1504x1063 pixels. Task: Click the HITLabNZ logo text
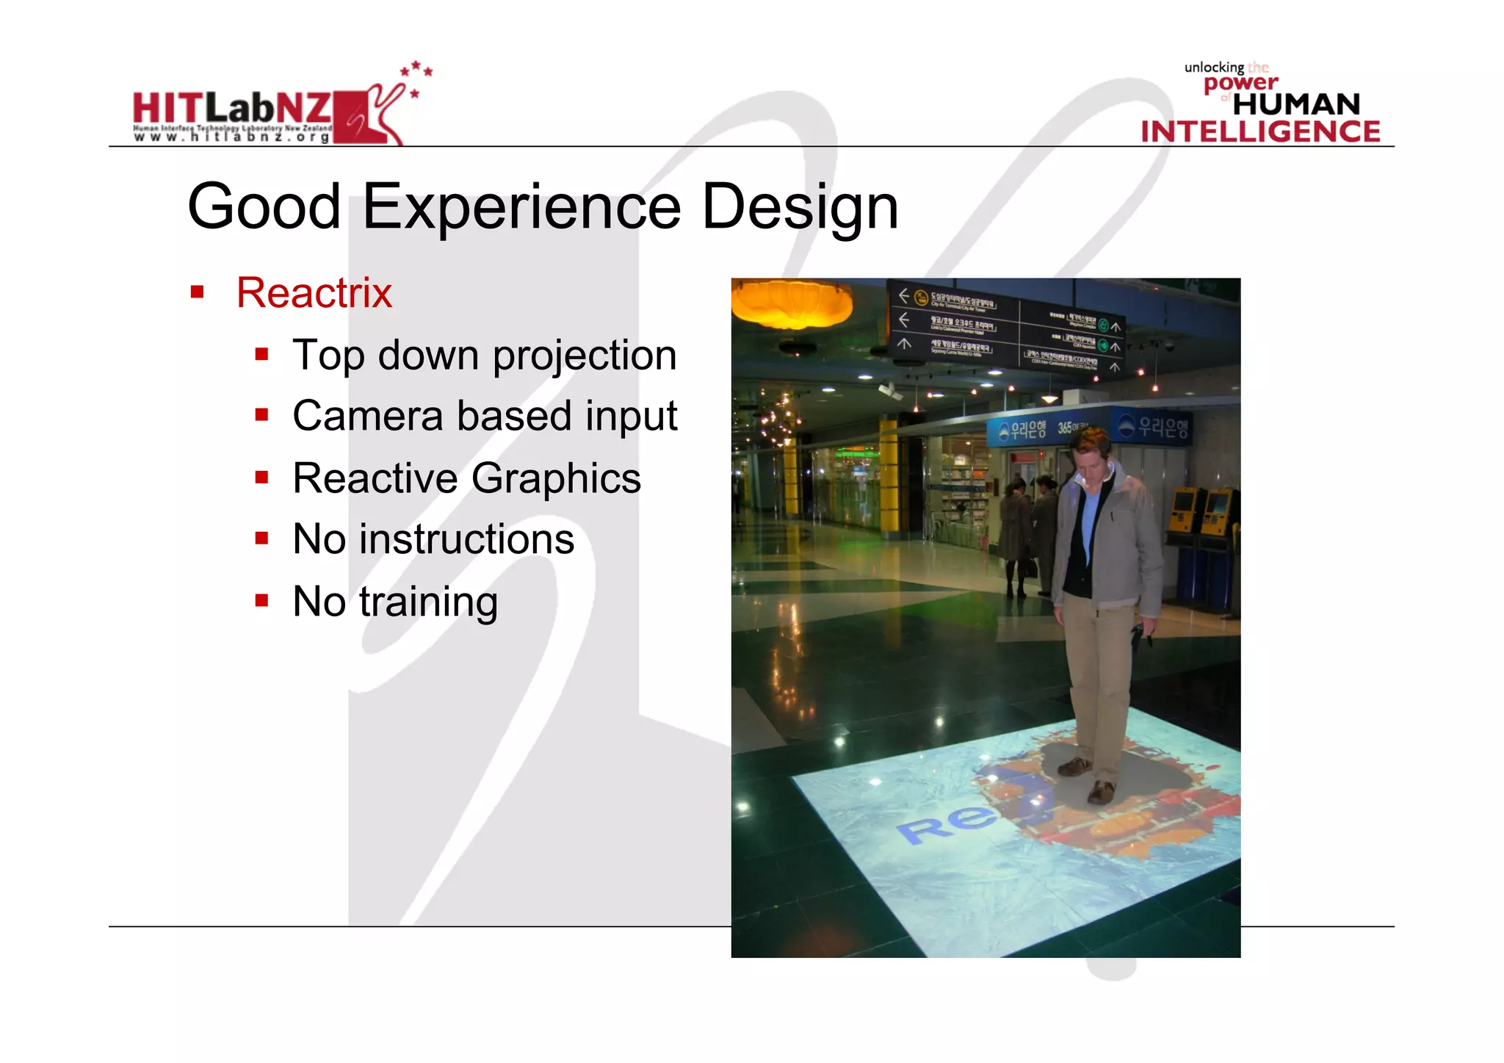(x=231, y=108)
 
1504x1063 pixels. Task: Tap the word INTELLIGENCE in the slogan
(x=1260, y=131)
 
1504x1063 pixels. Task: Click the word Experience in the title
(x=521, y=207)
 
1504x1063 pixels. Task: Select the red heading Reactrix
(x=314, y=292)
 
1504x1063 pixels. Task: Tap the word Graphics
(x=556, y=478)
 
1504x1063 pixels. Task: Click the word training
(x=428, y=602)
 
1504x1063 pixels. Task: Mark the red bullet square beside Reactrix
(x=197, y=292)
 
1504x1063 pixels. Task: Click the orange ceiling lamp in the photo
(x=791, y=303)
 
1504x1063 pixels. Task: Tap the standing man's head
(x=1091, y=453)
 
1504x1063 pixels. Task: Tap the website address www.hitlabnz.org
(x=231, y=137)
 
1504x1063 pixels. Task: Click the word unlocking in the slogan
(x=1213, y=68)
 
